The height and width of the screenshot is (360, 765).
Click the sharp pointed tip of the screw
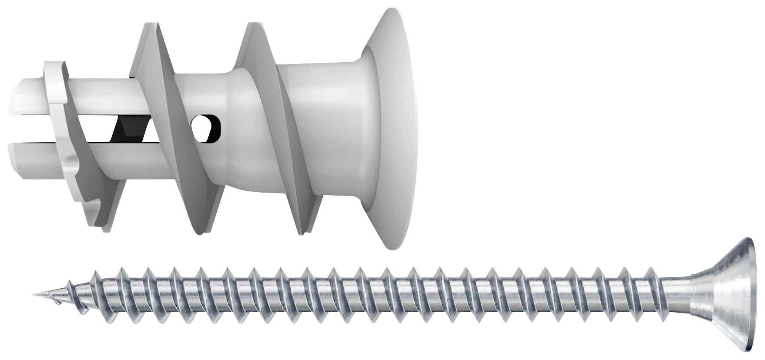click(x=35, y=294)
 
